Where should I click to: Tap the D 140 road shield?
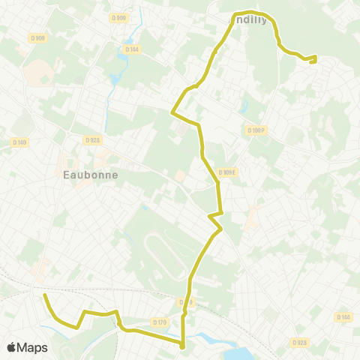(x=19, y=142)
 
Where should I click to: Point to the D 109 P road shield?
(x=256, y=130)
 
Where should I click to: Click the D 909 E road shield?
(x=227, y=172)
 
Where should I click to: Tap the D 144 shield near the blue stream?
(x=133, y=49)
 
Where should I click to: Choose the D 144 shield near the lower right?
(x=343, y=317)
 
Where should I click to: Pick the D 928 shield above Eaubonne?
(x=92, y=139)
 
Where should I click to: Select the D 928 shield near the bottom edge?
(x=298, y=343)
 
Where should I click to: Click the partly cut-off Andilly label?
(x=247, y=20)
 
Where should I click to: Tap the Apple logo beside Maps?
(x=12, y=347)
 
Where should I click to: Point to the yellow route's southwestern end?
(x=45, y=295)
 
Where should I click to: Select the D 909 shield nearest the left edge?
(x=38, y=37)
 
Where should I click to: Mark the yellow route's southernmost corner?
(x=183, y=346)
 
